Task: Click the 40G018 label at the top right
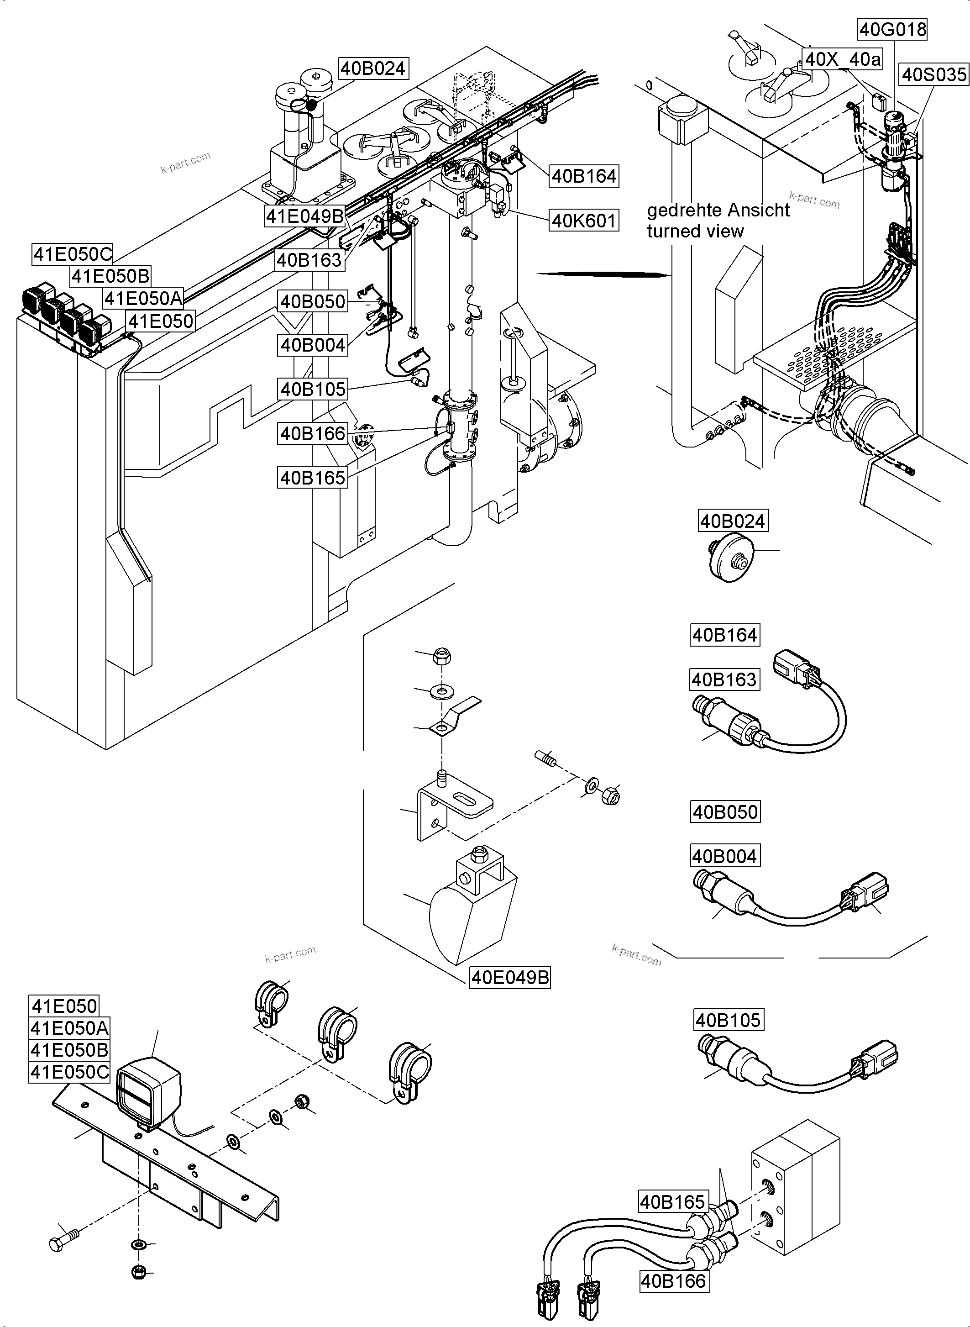[x=892, y=29]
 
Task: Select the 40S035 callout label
[x=933, y=74]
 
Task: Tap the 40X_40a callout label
[x=843, y=59]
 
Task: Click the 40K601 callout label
[x=584, y=221]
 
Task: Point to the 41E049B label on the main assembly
[x=305, y=216]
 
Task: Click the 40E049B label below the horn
[x=510, y=978]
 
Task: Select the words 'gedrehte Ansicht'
[x=718, y=211]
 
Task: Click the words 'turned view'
[x=695, y=232]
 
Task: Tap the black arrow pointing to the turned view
[x=605, y=274]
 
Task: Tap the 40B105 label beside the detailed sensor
[x=728, y=1020]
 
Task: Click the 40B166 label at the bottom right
[x=673, y=1281]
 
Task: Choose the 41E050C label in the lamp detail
[x=70, y=1072]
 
